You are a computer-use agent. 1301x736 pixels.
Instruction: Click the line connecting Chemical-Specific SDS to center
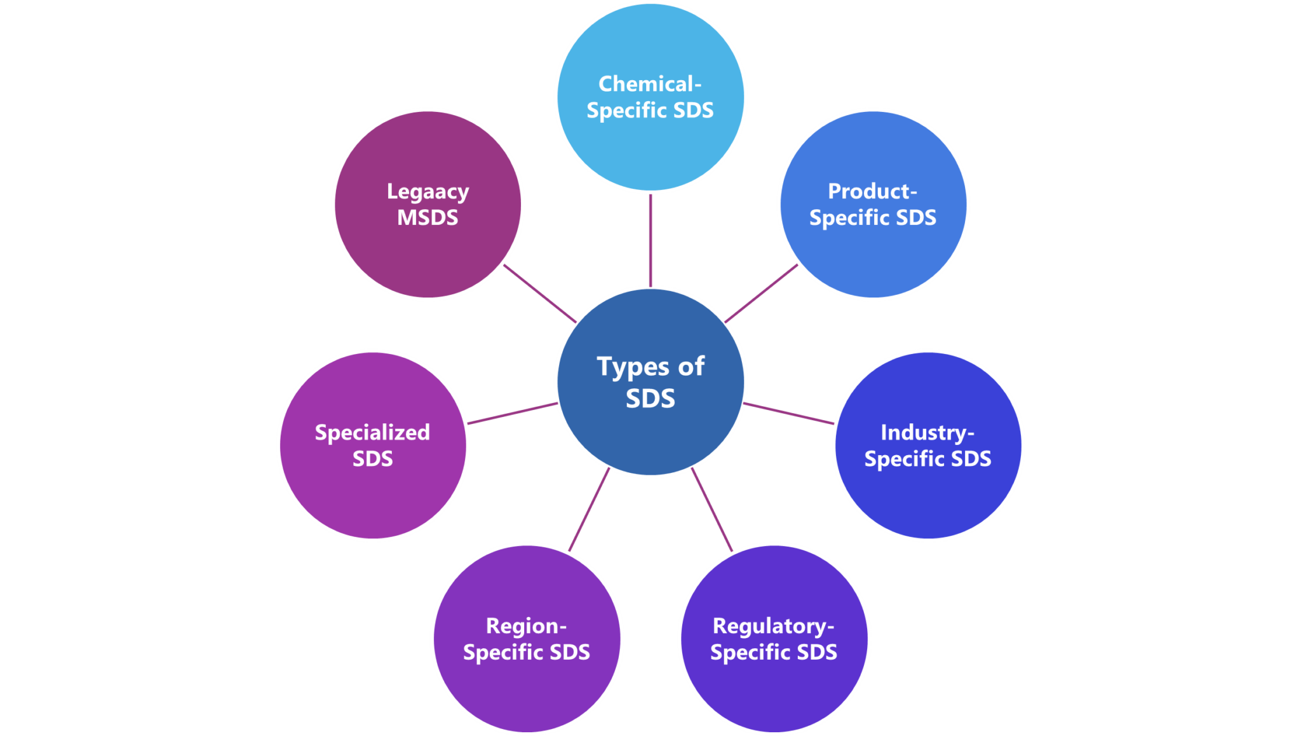(x=650, y=240)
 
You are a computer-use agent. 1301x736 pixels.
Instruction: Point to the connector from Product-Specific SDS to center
(x=761, y=294)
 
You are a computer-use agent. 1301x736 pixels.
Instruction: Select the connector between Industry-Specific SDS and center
(x=788, y=413)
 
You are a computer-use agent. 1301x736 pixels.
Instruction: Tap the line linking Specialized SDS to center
(x=512, y=413)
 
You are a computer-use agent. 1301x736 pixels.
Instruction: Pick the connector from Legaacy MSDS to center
(x=540, y=294)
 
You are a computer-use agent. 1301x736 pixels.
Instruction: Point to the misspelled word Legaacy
(x=428, y=192)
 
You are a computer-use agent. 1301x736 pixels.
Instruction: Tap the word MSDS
(x=428, y=218)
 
